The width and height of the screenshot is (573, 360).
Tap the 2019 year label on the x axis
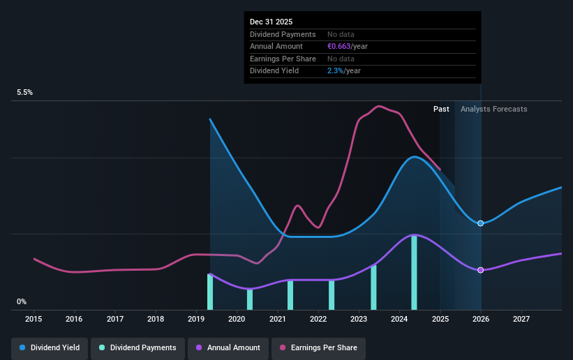click(196, 319)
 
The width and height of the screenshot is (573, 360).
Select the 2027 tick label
click(521, 319)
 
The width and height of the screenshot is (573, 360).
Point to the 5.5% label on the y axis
click(25, 92)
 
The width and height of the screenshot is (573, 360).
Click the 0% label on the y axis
click(22, 302)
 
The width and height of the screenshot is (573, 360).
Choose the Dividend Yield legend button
click(50, 347)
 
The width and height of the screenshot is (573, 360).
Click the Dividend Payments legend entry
click(139, 347)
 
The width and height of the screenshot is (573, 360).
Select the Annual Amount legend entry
click(228, 347)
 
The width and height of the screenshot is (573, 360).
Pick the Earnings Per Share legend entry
click(318, 347)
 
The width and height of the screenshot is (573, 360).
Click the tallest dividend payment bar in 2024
click(414, 273)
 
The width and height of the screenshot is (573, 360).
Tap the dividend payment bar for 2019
click(210, 292)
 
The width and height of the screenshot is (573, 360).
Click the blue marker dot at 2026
click(480, 223)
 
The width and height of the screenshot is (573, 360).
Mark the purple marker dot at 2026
click(480, 270)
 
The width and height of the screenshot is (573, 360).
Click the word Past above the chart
click(441, 109)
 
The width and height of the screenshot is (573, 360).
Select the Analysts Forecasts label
click(493, 109)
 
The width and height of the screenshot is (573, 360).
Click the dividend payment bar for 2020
click(250, 299)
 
